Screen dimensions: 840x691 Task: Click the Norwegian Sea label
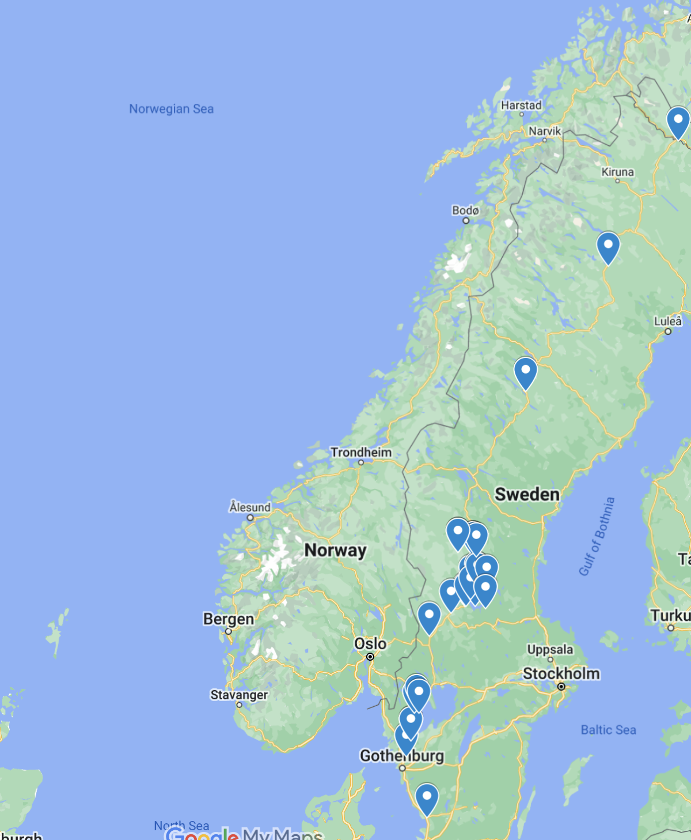171,109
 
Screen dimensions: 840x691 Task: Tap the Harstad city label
521,105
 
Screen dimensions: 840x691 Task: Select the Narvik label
544,131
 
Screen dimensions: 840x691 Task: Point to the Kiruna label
617,172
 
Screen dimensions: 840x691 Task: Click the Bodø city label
465,210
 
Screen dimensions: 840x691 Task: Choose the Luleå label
667,321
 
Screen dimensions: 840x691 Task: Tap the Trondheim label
360,453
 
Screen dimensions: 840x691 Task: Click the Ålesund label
250,507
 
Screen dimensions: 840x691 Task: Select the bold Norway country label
335,550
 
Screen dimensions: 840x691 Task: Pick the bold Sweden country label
527,494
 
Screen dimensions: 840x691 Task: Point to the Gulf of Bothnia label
597,536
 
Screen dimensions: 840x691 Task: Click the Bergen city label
228,619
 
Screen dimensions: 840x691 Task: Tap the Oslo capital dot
370,657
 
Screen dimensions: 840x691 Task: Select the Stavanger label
239,695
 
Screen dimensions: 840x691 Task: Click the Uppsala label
550,650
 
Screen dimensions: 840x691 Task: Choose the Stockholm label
561,673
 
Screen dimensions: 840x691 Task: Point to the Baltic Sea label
608,730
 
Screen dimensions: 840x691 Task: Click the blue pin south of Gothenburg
427,797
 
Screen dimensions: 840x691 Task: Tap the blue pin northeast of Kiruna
678,120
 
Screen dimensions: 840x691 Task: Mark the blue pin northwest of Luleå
608,246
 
